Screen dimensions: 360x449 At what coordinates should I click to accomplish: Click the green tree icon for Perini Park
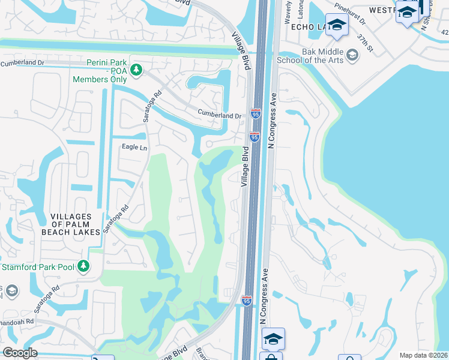(x=136, y=70)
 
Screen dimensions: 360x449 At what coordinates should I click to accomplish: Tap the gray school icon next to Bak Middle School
(x=352, y=56)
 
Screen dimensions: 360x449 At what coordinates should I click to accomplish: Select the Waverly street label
(x=288, y=7)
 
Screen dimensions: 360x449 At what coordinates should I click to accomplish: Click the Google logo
(x=20, y=353)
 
